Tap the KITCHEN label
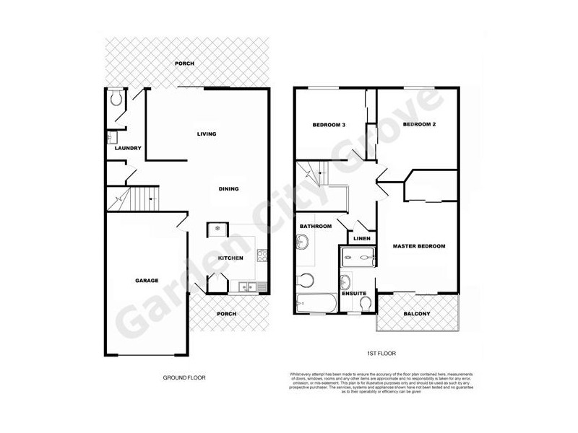230,258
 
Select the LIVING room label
207,134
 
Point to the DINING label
228,189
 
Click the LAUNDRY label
126,149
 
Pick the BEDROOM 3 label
329,125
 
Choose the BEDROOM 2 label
419,125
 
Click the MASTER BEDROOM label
418,246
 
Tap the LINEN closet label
362,239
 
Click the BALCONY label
417,313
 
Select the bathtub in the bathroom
316,302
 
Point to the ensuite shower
357,255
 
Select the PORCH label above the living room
185,64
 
